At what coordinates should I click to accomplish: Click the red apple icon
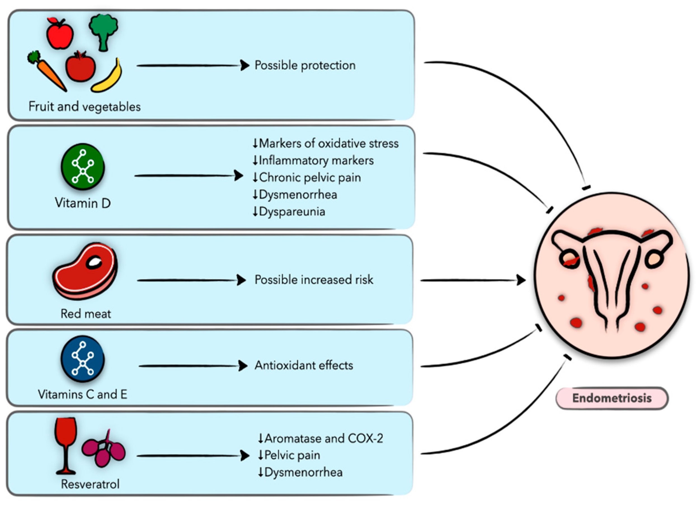60,34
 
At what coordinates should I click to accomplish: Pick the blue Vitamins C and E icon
83,359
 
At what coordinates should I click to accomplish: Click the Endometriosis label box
612,398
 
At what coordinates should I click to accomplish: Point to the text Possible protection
305,65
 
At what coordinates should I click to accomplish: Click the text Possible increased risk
314,280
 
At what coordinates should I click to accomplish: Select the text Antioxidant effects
304,365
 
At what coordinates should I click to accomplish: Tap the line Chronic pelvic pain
307,177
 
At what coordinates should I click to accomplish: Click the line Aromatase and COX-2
321,438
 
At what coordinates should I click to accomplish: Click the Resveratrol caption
90,484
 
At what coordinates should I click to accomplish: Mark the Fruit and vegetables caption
84,107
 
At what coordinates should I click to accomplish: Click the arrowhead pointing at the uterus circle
521,280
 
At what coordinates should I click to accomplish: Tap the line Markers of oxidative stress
325,143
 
